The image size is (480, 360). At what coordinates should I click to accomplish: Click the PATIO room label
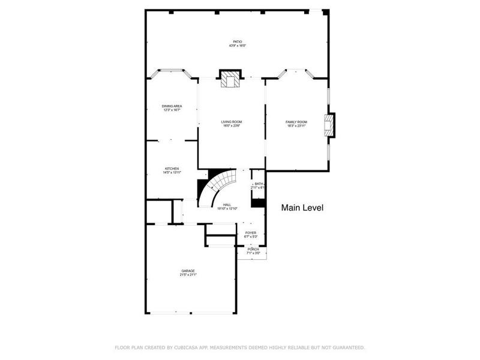238,42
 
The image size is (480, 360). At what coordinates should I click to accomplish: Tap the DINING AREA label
172,106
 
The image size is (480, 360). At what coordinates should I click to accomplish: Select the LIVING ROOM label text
232,122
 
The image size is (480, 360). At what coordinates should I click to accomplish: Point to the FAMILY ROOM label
296,122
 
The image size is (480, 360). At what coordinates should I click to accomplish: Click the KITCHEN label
172,169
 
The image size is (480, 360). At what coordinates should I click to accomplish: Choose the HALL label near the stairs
227,205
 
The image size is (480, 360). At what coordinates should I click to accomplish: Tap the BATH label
258,184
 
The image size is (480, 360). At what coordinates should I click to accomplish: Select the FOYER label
250,233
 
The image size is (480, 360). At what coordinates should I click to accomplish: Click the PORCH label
253,249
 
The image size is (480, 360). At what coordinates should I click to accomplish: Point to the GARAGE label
188,271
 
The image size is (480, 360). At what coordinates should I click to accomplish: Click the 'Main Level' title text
302,208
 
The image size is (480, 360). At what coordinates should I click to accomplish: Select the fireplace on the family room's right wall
329,126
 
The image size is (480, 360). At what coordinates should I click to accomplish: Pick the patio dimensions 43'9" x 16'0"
238,46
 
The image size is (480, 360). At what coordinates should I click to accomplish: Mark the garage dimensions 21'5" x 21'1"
188,275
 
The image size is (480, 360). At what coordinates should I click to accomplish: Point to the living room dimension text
232,126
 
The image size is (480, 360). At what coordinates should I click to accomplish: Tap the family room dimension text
296,126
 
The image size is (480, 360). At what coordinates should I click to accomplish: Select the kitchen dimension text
172,173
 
